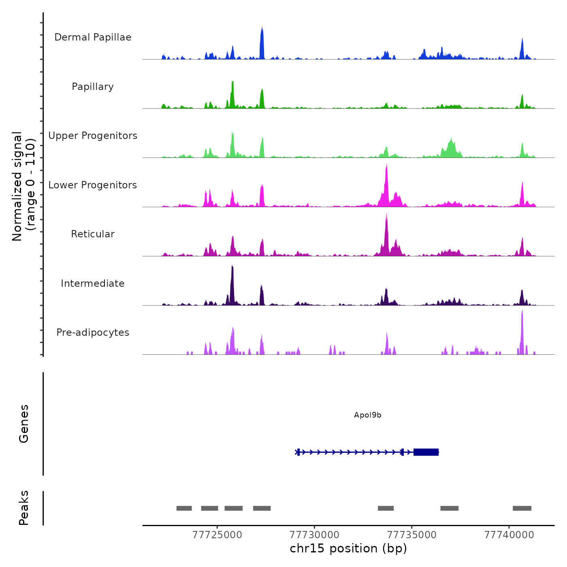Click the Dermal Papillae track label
click(x=93, y=37)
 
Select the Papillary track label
click(x=93, y=87)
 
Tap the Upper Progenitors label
click(x=93, y=136)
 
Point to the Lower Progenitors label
click(x=93, y=185)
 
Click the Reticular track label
click(x=93, y=234)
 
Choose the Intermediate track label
click(x=93, y=283)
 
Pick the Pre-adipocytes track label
click(x=93, y=333)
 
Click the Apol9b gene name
click(x=368, y=415)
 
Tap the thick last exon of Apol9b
click(x=426, y=452)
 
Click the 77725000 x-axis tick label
click(x=217, y=535)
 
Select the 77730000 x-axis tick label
click(x=315, y=535)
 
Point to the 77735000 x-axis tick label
click(x=412, y=535)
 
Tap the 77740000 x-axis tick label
click(x=509, y=535)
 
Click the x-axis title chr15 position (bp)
click(x=348, y=549)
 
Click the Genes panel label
click(x=24, y=424)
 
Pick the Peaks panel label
click(x=24, y=508)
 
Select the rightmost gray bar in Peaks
click(x=522, y=508)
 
